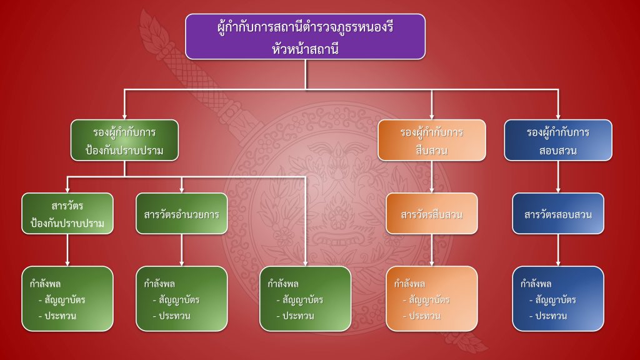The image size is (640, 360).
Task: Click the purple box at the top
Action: (x=305, y=36)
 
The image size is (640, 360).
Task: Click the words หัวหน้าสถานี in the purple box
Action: (x=305, y=47)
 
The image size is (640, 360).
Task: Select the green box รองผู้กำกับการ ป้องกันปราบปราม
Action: (x=124, y=141)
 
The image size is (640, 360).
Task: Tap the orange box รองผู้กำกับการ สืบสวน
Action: (x=431, y=141)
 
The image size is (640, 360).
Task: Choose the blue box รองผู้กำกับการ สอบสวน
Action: (x=558, y=141)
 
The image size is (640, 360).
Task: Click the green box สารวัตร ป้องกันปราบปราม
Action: (x=67, y=214)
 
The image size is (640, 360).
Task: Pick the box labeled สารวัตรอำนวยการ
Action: (x=181, y=214)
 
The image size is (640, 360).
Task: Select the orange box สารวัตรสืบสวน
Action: (x=431, y=214)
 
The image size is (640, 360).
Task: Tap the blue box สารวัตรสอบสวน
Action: (x=558, y=214)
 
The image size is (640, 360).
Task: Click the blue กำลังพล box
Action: (x=558, y=299)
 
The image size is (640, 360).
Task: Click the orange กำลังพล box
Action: (x=431, y=299)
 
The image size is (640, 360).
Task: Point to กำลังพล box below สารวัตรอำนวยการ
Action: (x=181, y=299)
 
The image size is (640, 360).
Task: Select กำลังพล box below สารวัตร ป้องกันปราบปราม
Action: (x=67, y=299)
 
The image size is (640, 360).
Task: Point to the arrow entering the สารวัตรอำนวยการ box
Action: (x=181, y=185)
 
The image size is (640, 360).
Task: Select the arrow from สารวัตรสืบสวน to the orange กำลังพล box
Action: (x=431, y=250)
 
